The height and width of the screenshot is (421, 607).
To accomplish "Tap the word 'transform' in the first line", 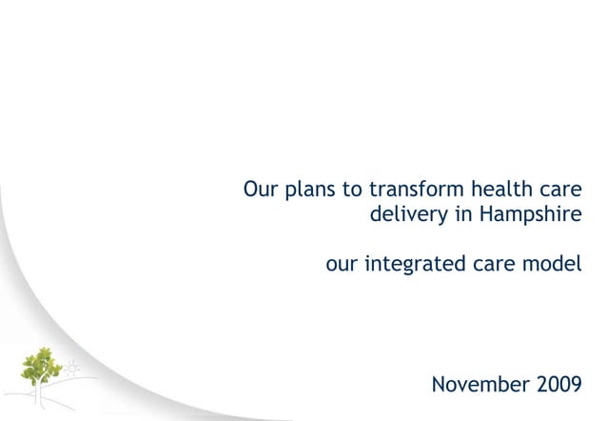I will coord(405,188).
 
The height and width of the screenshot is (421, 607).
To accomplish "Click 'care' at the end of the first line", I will coord(557,189).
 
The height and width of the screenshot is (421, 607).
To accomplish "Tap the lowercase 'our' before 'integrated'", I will coord(342,263).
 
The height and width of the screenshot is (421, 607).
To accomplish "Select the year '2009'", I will coord(555,386).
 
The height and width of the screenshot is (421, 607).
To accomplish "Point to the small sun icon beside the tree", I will coord(72,366).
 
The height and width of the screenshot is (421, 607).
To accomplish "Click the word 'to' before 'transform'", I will coord(352,188).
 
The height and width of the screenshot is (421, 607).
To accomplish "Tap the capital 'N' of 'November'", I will coord(440,386).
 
